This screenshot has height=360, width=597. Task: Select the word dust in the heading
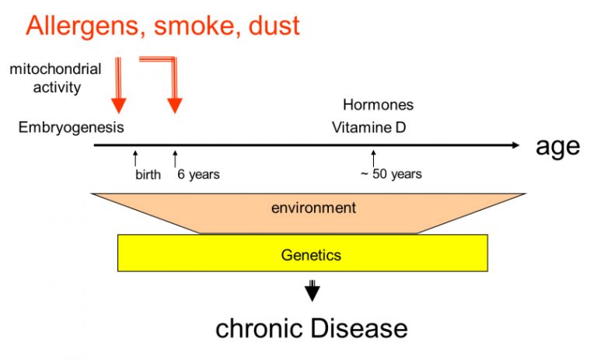[x=274, y=26]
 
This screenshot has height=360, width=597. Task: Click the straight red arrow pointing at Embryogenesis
[x=118, y=85]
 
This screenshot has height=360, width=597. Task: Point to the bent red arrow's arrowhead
[x=175, y=106]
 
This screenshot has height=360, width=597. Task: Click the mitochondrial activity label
[x=56, y=78]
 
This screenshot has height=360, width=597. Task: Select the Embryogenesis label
[x=72, y=128]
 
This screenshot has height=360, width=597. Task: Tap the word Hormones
[x=378, y=105]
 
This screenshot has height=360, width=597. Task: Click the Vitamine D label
[x=369, y=128]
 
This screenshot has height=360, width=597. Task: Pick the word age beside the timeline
[x=558, y=147]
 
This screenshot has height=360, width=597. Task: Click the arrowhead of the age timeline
[x=515, y=145]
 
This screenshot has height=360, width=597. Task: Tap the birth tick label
[x=148, y=174]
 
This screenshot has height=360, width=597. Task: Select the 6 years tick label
[x=198, y=174]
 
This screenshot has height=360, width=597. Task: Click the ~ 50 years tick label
[x=392, y=174]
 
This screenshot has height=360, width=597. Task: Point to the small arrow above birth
[x=135, y=158]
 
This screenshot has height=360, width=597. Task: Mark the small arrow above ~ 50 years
[x=373, y=158]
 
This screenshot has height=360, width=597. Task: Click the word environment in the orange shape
[x=314, y=208]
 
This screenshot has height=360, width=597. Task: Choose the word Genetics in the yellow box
[x=311, y=255]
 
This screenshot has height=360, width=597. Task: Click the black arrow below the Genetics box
[x=312, y=291]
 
